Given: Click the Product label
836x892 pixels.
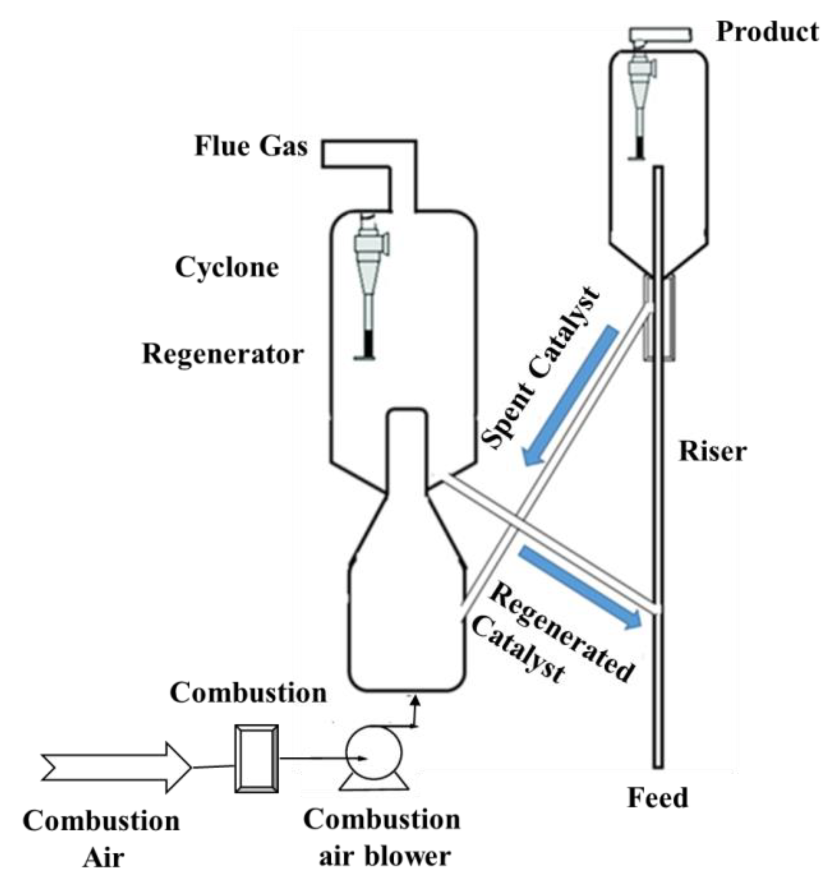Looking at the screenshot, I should click(768, 32).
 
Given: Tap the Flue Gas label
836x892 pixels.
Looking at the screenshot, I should click(251, 146).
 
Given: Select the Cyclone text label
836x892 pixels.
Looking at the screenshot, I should click(227, 268).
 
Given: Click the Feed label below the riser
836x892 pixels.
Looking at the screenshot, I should click(657, 798).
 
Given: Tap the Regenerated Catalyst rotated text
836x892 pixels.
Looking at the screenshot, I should click(552, 637).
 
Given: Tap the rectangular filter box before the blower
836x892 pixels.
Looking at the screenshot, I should click(256, 758).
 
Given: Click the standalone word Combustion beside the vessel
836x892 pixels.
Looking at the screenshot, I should click(248, 693).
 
